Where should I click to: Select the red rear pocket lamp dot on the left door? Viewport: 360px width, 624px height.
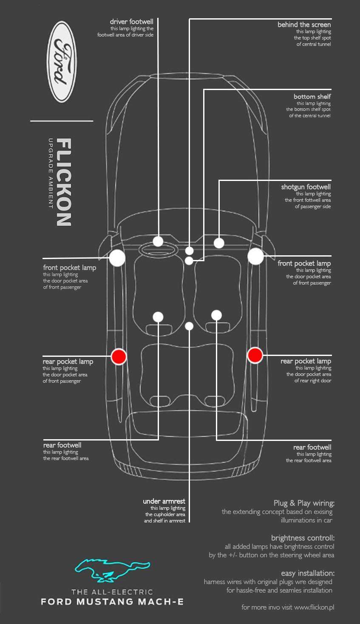point(119,356)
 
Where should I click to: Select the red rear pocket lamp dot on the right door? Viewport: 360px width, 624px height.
point(255,355)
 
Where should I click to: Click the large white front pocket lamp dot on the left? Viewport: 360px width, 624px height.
point(117,258)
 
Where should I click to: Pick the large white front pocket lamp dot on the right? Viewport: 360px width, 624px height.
point(256,257)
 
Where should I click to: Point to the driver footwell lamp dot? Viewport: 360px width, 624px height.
point(158,241)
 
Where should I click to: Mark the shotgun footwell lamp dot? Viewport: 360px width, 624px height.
point(219,243)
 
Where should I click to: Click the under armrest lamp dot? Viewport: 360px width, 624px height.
point(190,326)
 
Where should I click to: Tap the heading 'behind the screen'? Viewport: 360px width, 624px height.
point(304,25)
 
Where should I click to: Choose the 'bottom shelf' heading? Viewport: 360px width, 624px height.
point(312,96)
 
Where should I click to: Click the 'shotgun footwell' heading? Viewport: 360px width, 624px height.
point(306,187)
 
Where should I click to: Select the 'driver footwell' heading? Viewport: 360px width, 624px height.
point(131,22)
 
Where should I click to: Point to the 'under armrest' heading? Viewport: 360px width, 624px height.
point(164,501)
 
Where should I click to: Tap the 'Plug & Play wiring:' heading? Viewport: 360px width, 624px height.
point(304,503)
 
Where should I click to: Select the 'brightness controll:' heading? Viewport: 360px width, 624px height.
point(303,538)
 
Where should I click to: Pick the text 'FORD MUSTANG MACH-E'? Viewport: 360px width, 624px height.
point(112,601)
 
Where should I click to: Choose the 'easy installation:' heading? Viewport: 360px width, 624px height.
point(308,573)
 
